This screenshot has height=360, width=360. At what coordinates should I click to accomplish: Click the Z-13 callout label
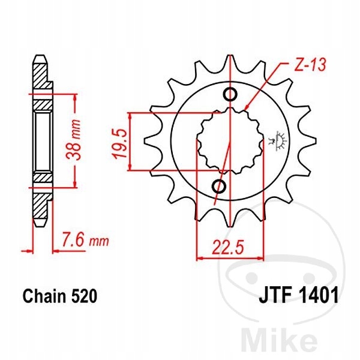pyautogui.click(x=310, y=65)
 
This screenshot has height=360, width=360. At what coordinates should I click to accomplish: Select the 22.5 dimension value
pyautogui.click(x=227, y=247)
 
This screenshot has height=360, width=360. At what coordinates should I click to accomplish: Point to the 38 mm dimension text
pyautogui.click(x=73, y=140)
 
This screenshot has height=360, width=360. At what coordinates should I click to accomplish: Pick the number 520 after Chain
pyautogui.click(x=84, y=296)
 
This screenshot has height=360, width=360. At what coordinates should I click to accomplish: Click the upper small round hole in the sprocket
pyautogui.click(x=230, y=94)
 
